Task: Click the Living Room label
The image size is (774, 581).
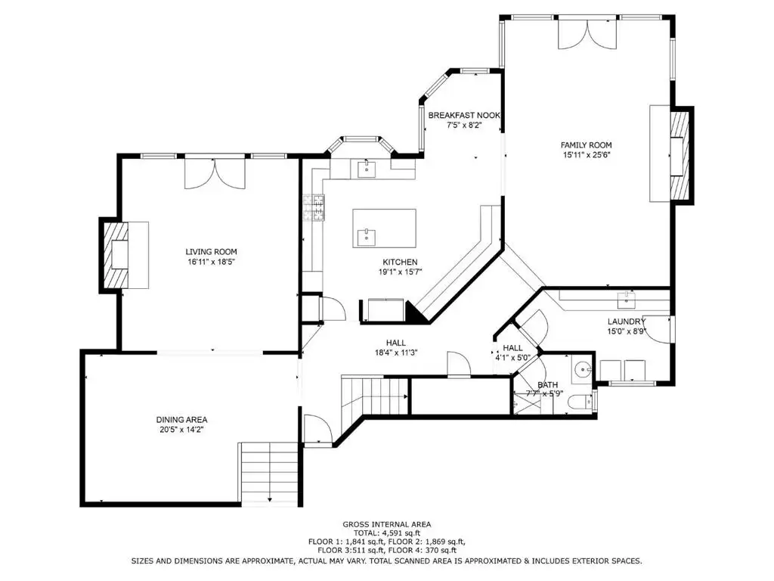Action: (212, 251)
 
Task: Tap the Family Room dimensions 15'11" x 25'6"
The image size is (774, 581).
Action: (586, 154)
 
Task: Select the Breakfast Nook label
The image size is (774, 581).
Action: (464, 115)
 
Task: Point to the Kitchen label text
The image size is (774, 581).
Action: (400, 262)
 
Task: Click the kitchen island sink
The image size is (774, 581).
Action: (366, 237)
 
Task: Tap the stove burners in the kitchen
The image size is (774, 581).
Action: (314, 207)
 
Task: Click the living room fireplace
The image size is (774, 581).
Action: (115, 255)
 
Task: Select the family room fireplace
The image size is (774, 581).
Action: (681, 155)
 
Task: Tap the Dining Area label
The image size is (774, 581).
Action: (181, 419)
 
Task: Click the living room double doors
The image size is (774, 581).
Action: (215, 173)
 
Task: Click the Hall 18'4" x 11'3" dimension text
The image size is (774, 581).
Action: (396, 353)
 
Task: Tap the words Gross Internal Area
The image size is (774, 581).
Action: (387, 524)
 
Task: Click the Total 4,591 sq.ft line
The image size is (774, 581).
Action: (387, 533)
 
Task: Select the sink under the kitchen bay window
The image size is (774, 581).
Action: (367, 168)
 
